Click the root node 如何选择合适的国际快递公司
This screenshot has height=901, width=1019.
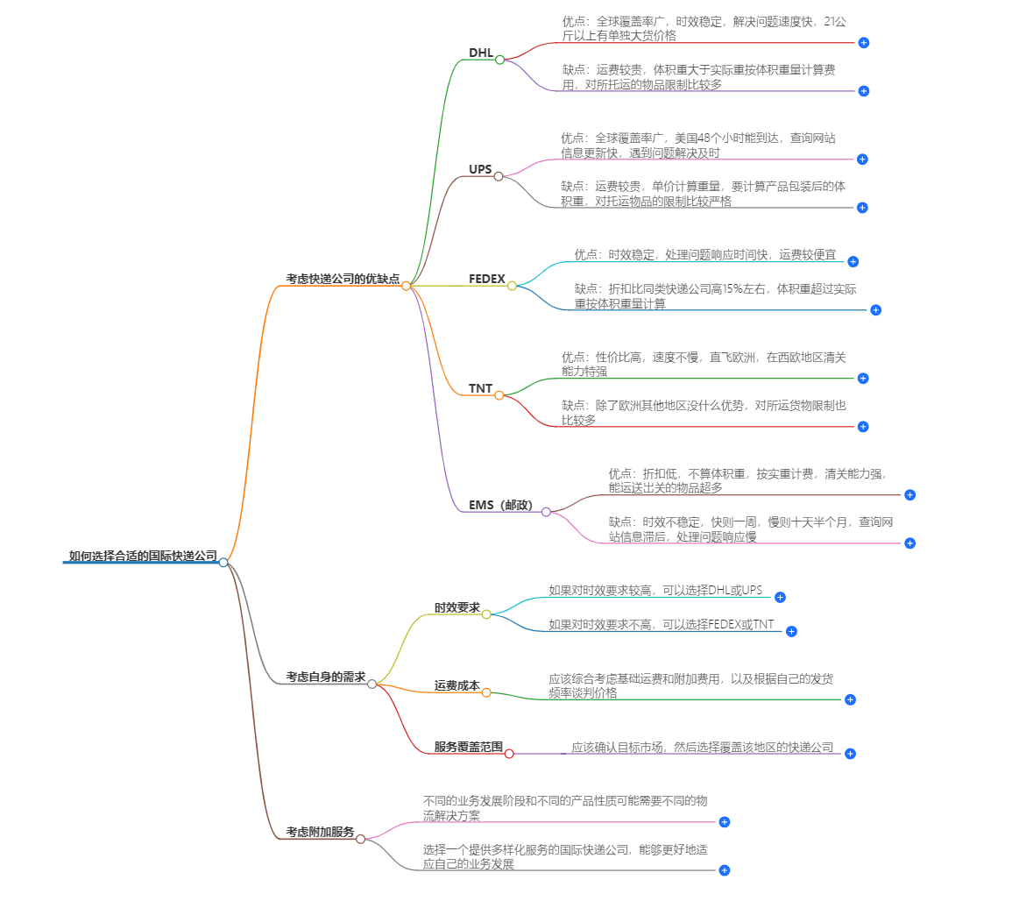(x=143, y=556)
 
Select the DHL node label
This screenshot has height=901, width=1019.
(x=481, y=53)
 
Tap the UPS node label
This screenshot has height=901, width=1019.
(x=480, y=169)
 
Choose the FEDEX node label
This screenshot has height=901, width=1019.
(x=487, y=279)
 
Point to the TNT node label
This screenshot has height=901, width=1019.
(x=480, y=388)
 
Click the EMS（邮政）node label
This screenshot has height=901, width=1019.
(x=500, y=505)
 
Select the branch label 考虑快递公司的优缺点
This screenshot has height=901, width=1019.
(x=343, y=279)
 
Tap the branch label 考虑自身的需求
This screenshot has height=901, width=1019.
(x=326, y=677)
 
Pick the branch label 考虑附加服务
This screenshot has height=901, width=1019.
(x=320, y=832)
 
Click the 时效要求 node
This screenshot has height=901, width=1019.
(x=457, y=607)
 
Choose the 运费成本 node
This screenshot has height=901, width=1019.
(x=457, y=685)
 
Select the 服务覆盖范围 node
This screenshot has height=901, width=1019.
(x=469, y=747)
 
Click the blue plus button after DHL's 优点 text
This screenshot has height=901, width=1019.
(x=864, y=42)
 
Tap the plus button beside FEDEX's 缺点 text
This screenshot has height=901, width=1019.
(x=875, y=309)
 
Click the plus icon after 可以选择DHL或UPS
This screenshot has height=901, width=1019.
(x=780, y=597)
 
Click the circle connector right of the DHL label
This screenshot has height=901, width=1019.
(x=500, y=60)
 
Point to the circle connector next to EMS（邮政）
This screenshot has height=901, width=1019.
(x=546, y=512)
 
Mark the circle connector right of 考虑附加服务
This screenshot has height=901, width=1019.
(x=360, y=839)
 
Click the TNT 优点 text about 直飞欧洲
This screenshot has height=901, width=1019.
(x=703, y=364)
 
